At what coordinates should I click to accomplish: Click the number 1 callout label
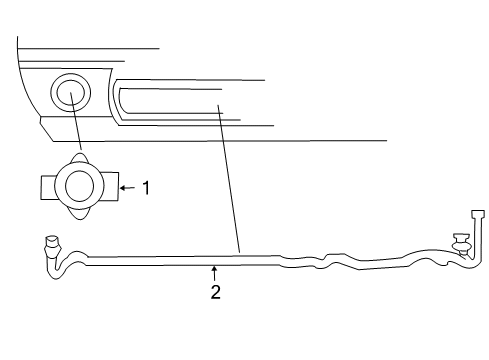[146, 186]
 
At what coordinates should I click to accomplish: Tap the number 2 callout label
[214, 293]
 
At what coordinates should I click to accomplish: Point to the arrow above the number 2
[214, 271]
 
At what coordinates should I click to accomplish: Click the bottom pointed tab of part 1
[78, 213]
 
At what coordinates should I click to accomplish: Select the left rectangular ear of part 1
[49, 187]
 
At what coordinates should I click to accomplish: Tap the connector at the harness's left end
[51, 243]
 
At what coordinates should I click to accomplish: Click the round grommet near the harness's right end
[462, 243]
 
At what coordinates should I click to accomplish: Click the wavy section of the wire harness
[320, 263]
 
